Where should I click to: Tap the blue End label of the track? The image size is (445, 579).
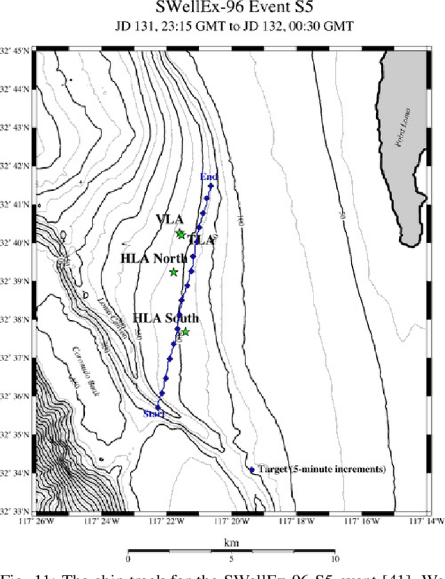209,177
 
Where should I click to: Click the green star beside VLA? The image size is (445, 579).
181,235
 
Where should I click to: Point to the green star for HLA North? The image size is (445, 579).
174,272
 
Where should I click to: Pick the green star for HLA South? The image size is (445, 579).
185,332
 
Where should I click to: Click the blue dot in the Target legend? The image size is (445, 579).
252,470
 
